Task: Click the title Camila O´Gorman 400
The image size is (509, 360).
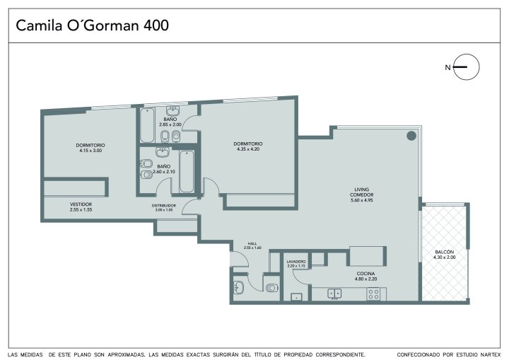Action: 92,25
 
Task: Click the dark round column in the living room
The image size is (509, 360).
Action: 411,136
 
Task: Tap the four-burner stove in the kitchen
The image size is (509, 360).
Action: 374,294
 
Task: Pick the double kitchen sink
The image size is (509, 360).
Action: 334,294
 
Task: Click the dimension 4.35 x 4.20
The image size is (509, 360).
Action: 248,149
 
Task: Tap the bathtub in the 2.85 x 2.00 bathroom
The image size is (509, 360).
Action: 147,125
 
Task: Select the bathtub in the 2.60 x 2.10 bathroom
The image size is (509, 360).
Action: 187,171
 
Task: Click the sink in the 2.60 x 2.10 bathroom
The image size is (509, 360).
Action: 162,152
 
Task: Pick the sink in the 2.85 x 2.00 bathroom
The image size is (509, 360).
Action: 173,111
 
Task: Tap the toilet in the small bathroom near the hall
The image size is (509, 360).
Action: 272,288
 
